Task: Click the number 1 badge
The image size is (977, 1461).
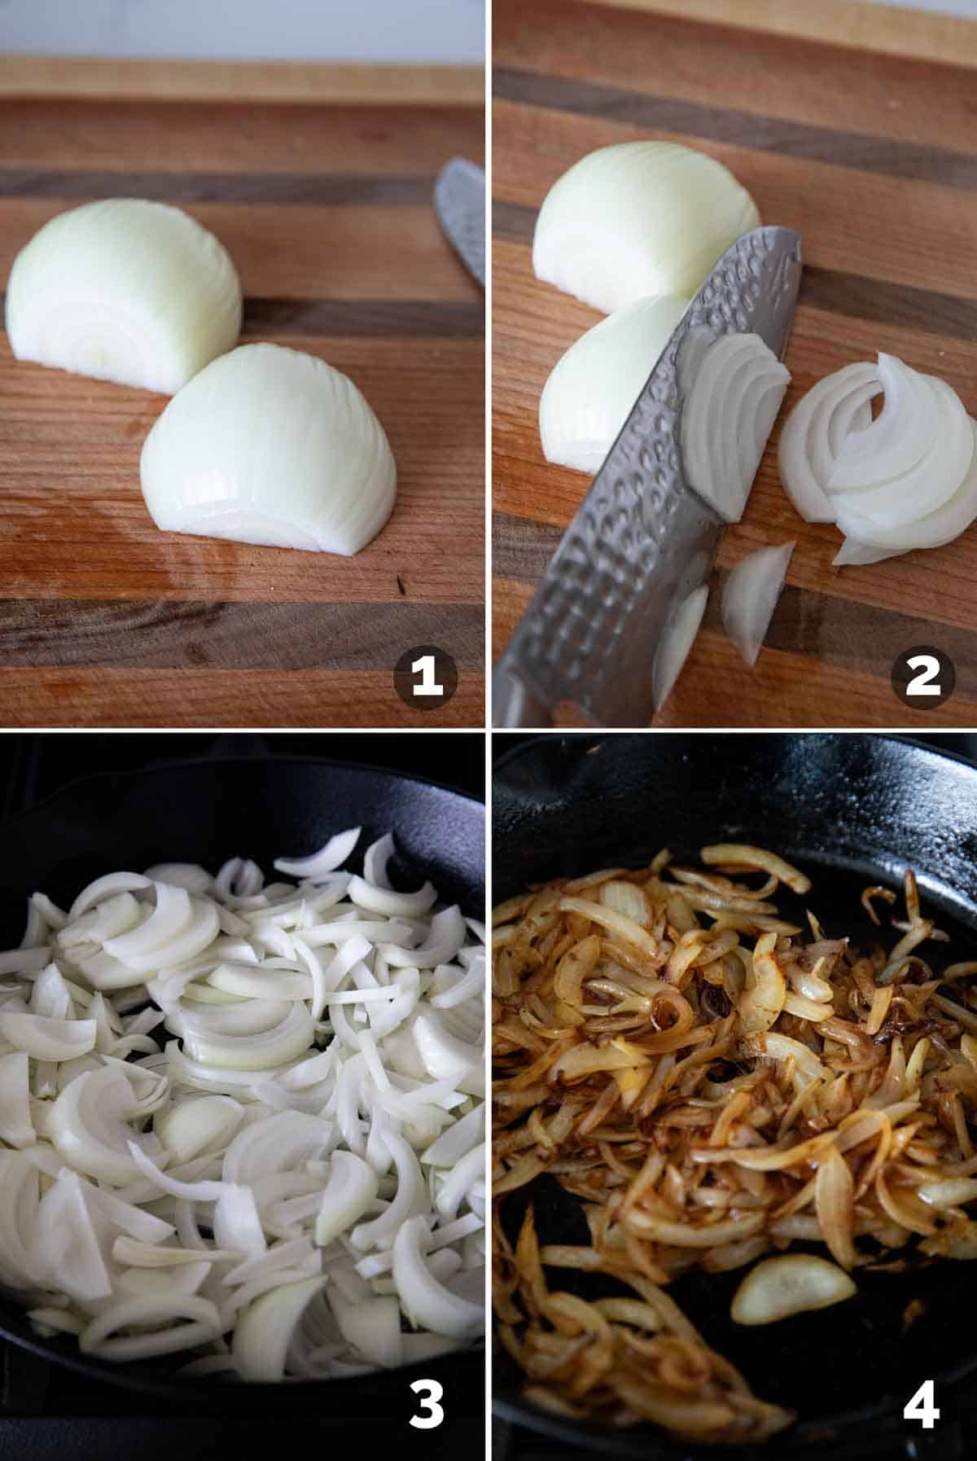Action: (426, 677)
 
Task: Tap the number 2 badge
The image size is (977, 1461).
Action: (922, 677)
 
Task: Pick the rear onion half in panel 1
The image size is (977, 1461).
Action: (124, 294)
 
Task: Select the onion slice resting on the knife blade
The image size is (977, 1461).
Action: (733, 423)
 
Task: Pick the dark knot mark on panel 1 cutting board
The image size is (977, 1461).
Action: (400, 582)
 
